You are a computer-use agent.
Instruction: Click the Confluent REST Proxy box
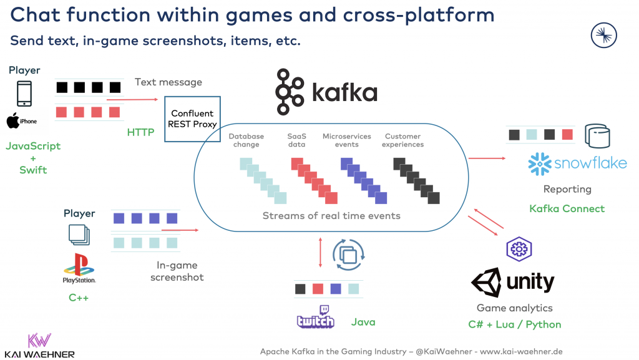192,119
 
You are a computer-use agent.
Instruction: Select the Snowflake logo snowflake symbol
539,163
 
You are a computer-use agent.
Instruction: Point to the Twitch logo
316,318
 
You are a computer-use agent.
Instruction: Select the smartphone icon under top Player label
23,94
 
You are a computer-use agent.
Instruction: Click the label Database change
246,140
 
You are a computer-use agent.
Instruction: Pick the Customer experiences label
404,140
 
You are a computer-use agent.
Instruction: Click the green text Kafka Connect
567,208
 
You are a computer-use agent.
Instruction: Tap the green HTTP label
140,132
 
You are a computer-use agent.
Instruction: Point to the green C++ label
79,298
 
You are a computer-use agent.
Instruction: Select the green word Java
363,322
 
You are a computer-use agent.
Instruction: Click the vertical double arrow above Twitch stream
321,251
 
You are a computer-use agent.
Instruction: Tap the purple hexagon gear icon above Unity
518,249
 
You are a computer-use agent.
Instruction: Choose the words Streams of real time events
331,216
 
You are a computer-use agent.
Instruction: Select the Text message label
168,82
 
